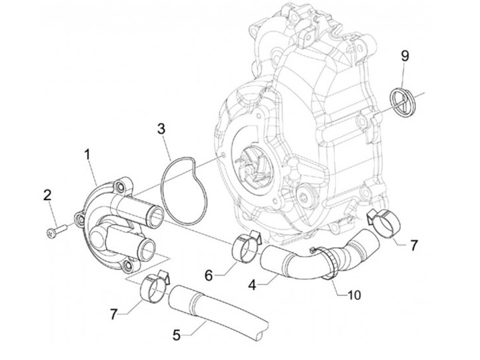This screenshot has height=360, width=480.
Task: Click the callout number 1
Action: point(87,155)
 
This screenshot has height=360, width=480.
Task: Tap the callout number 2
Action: point(47,195)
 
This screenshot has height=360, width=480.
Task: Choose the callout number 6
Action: point(208,275)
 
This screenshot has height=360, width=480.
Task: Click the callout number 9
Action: point(405,56)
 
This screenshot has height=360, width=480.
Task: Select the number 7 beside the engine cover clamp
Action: point(414,245)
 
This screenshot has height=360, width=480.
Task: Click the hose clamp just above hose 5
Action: point(155,285)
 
